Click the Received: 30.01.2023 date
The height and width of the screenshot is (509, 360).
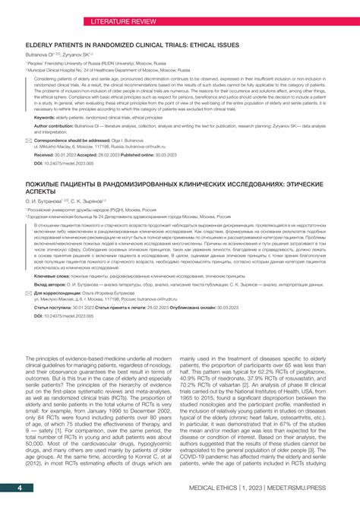(65, 154)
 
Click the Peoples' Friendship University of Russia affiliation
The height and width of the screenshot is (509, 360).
(91, 63)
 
